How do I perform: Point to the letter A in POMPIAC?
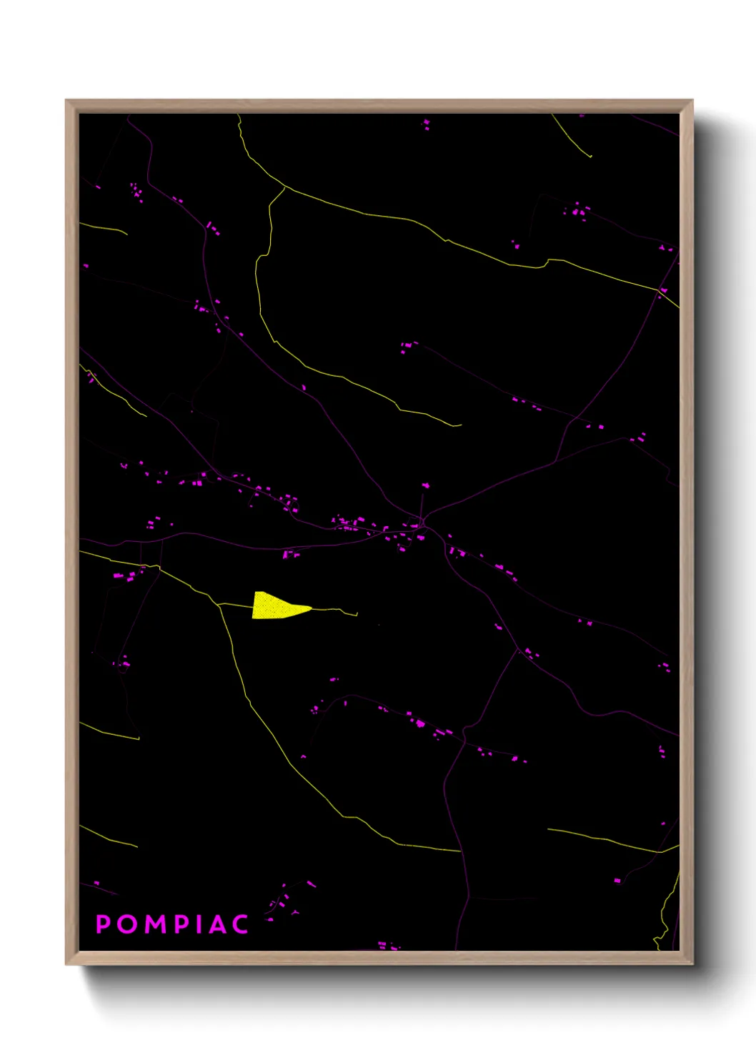point(217,924)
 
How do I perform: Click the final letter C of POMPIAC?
point(240,924)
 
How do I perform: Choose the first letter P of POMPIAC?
point(103,924)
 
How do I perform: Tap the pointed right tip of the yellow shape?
point(311,608)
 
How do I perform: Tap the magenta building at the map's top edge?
point(427,124)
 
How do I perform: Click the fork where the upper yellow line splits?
point(285,188)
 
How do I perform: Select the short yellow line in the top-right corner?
point(572,137)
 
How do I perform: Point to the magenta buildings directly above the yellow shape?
point(289,554)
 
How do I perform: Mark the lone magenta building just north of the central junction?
point(426,486)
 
